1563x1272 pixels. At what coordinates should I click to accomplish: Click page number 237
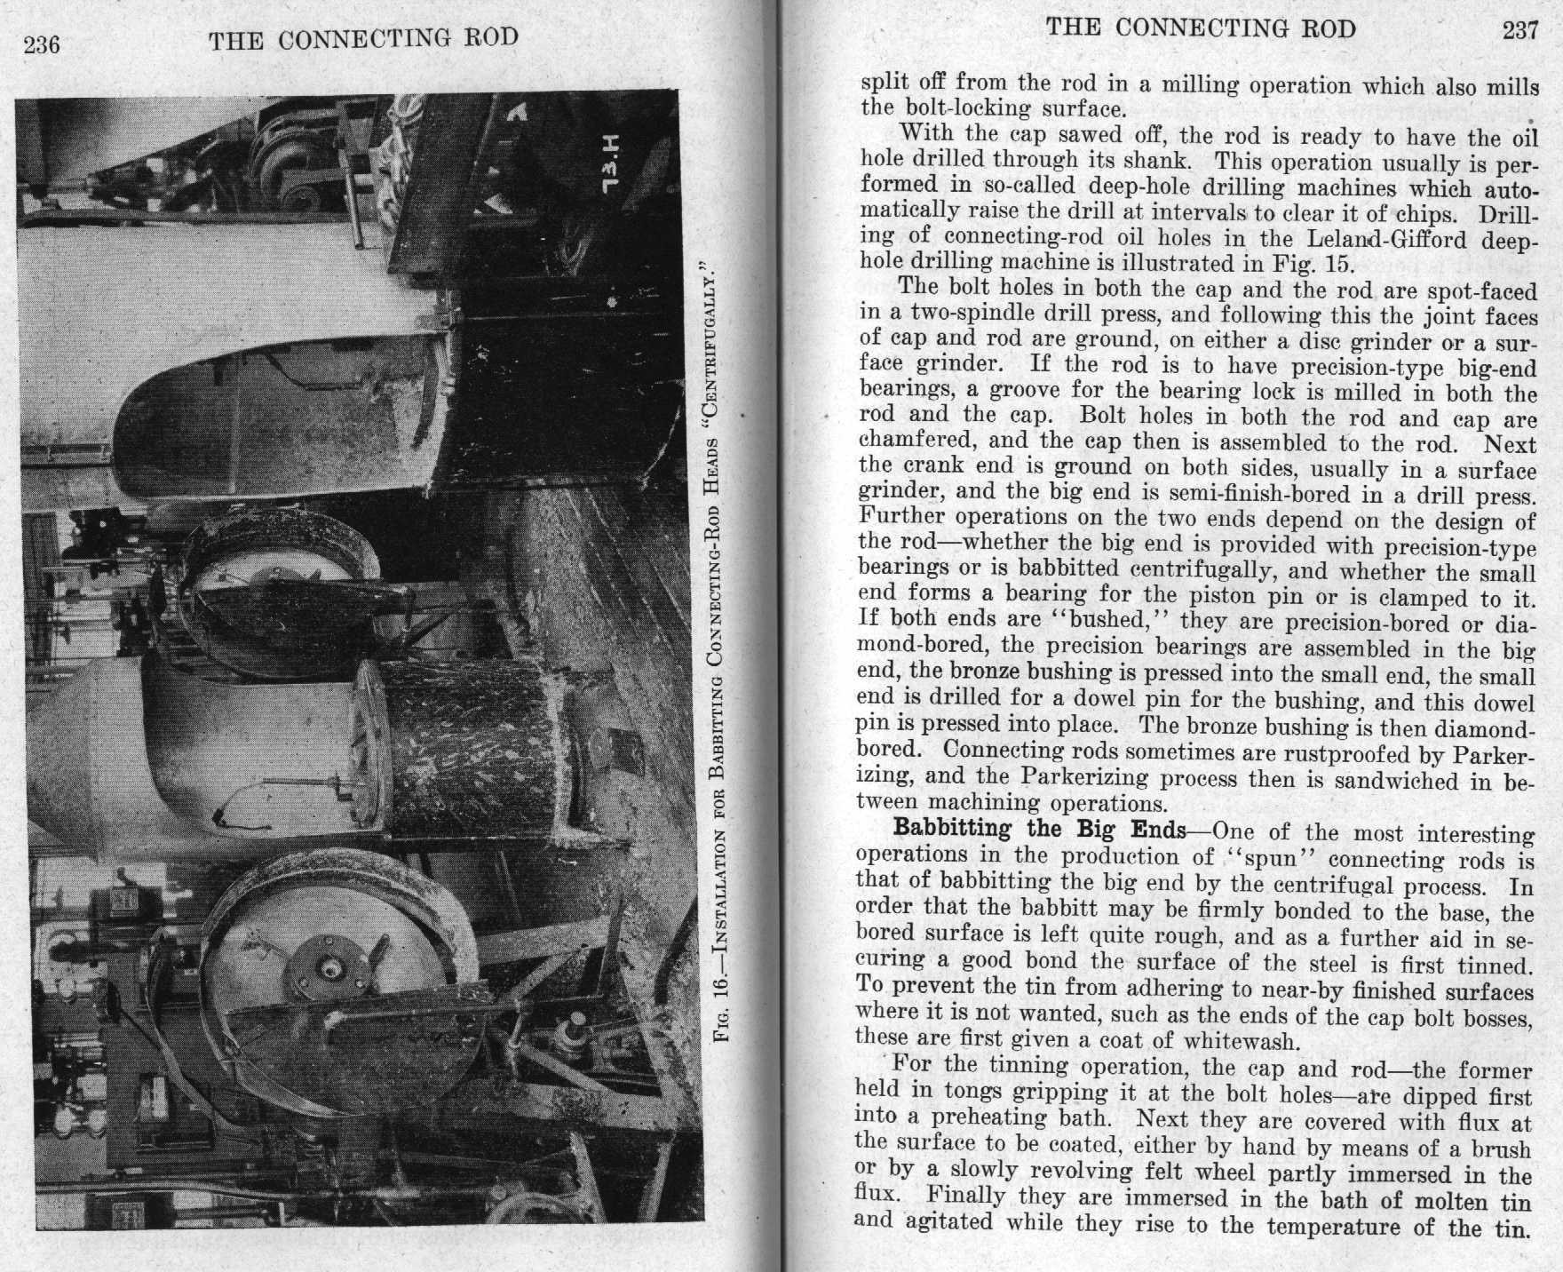1519,30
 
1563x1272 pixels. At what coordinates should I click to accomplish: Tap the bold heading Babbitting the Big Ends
1039,830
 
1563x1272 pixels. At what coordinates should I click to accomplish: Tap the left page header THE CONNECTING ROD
364,39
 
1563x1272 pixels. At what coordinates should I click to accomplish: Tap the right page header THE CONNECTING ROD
1201,28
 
